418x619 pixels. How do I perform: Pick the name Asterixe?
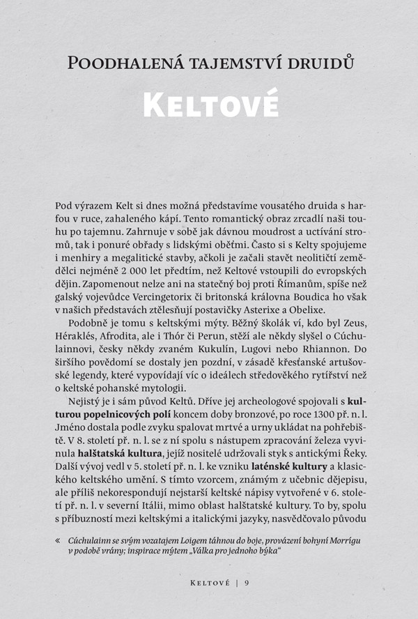(273, 309)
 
